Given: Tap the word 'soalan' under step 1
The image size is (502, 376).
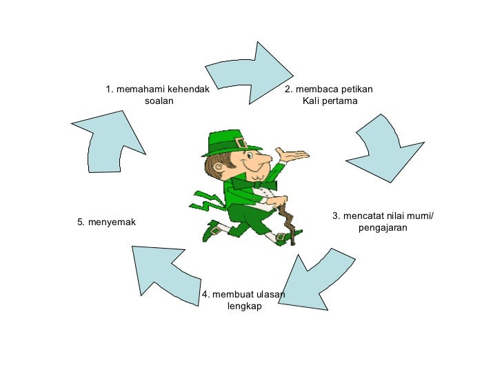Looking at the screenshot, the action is [x=159, y=101].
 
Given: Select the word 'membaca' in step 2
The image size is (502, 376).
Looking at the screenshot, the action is [x=316, y=89].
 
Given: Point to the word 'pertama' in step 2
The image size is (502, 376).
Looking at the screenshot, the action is [x=341, y=101].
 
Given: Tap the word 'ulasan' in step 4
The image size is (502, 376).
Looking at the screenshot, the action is [x=270, y=295].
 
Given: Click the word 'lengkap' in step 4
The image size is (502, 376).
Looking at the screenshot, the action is [x=244, y=306].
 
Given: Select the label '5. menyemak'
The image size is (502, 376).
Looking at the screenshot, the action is [x=107, y=222].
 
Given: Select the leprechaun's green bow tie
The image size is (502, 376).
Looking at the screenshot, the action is [x=265, y=185].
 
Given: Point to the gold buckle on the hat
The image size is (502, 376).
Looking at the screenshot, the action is [x=240, y=143].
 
